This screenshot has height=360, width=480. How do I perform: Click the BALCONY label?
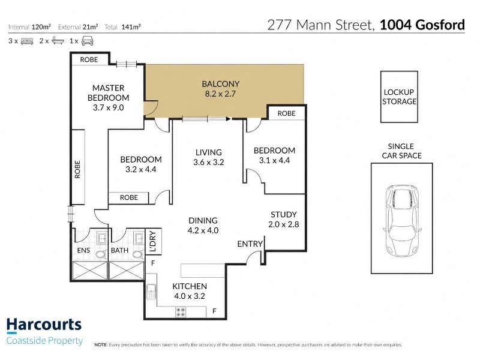220,84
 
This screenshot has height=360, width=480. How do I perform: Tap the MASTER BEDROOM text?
109,93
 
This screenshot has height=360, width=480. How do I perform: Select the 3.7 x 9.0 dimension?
109,108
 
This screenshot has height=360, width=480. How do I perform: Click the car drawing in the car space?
401,220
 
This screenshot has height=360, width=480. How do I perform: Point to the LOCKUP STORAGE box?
399,97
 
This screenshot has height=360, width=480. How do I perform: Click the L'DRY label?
154,241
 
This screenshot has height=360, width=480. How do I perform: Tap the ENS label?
83,250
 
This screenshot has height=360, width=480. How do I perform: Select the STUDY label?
284,215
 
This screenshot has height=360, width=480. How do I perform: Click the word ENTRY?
250,244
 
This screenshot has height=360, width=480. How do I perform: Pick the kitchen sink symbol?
151,292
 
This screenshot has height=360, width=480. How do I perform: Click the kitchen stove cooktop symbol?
181,312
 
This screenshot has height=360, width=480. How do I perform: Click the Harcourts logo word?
44,325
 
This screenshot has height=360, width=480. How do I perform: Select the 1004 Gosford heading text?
422,25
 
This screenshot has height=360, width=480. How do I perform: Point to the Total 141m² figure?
122,27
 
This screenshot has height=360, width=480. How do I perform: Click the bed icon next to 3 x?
27,41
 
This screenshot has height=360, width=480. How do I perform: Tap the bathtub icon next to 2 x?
58,41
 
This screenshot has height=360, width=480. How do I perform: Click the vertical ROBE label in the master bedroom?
77,169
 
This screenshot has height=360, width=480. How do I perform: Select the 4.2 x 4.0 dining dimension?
203,230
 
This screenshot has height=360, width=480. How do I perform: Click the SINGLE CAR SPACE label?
401,151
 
